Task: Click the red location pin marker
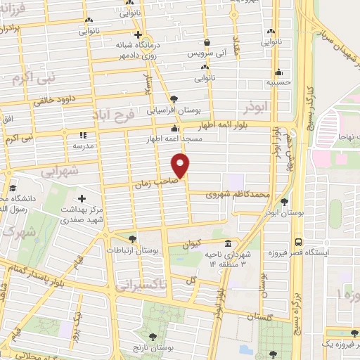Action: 181,165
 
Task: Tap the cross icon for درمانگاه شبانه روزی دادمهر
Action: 138,34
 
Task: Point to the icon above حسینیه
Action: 279,71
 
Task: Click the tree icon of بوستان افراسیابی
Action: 174,99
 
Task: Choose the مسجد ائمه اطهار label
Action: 173,139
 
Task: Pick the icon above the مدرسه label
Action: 82,135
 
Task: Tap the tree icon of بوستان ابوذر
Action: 283,202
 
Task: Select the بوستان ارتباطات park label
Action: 132,250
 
